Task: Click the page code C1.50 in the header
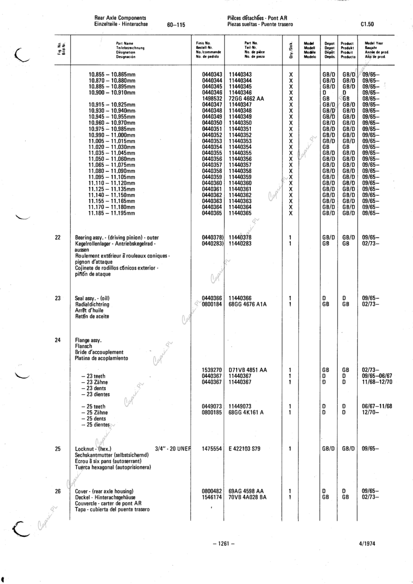click(x=367, y=24)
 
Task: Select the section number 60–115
click(x=175, y=24)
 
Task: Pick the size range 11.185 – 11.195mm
click(x=112, y=213)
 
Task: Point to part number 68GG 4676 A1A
click(x=249, y=304)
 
